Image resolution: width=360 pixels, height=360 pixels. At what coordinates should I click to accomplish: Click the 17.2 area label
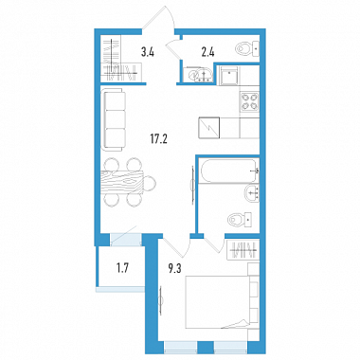click(158, 138)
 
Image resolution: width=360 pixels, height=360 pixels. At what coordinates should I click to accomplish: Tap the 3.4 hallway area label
click(148, 51)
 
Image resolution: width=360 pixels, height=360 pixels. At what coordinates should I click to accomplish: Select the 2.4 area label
click(207, 51)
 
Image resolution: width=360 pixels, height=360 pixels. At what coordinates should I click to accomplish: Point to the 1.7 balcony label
click(121, 269)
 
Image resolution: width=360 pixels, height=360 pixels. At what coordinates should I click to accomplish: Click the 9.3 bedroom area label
click(175, 269)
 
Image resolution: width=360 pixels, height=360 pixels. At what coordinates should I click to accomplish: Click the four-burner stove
click(249, 102)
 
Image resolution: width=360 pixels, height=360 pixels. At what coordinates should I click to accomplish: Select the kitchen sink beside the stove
click(229, 75)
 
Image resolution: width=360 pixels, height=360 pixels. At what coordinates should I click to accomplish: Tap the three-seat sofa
click(114, 119)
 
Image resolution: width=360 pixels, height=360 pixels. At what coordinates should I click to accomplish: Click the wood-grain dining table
click(122, 183)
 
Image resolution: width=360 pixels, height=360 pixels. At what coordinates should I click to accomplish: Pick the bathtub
click(228, 171)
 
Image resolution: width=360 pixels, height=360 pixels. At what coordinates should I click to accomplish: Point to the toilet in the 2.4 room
click(247, 49)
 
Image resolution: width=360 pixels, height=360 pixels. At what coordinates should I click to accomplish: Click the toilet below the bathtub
click(240, 219)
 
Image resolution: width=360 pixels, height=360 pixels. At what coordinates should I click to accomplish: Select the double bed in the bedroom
click(222, 301)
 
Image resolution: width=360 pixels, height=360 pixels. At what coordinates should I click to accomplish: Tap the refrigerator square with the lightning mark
click(208, 128)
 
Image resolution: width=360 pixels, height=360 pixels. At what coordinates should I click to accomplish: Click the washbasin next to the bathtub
click(253, 192)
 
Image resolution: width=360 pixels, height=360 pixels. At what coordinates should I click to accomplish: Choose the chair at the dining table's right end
click(150, 183)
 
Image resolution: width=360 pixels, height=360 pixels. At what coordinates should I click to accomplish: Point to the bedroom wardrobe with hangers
click(243, 250)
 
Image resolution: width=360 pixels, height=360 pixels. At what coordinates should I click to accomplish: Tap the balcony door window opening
click(126, 239)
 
